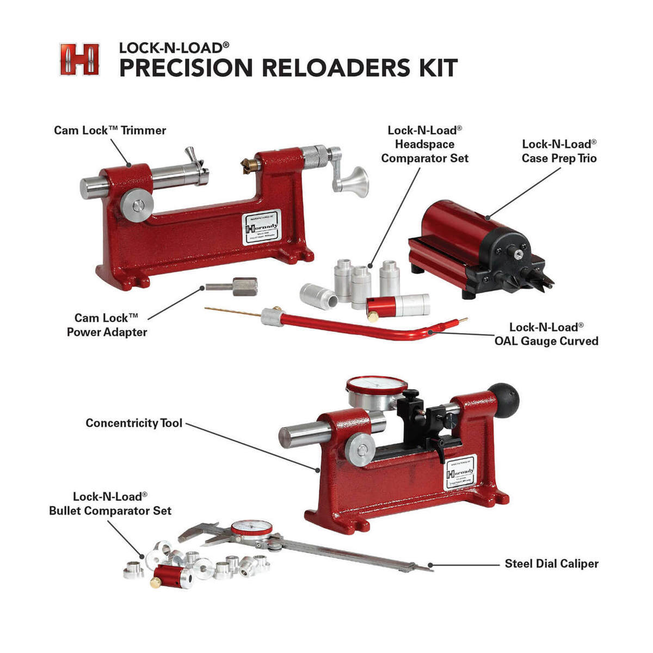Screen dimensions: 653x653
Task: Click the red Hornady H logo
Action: [x=79, y=59]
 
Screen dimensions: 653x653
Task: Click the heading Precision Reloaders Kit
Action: [x=288, y=67]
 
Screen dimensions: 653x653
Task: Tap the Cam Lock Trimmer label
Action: [x=110, y=131]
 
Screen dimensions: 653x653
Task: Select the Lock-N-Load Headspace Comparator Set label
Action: [x=424, y=144]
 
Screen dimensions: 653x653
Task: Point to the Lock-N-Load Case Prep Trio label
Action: [x=559, y=151]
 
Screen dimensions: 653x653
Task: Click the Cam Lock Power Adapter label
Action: [x=107, y=325]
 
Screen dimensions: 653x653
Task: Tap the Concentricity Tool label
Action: [x=134, y=423]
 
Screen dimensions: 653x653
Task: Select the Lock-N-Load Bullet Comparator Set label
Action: [x=110, y=503]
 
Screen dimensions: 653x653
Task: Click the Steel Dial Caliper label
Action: [x=551, y=563]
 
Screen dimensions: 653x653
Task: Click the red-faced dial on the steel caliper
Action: [x=251, y=528]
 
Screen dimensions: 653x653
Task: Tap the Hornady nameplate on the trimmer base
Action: [x=261, y=227]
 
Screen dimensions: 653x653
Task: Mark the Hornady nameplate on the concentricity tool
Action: [x=460, y=471]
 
